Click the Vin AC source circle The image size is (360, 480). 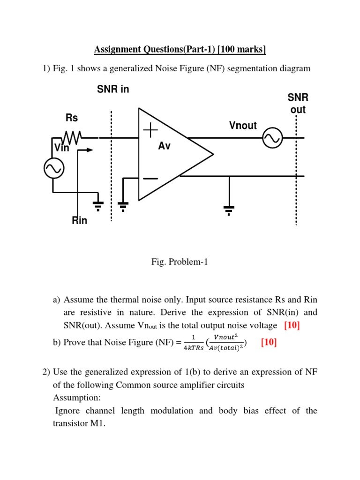click(53, 170)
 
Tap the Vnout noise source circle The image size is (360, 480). click(272, 138)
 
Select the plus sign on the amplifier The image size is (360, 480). click(150, 131)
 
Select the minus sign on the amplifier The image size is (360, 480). click(150, 179)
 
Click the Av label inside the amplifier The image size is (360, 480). click(164, 146)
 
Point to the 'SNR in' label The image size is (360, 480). click(113, 89)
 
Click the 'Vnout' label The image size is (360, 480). click(243, 125)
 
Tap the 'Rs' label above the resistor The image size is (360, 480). click(72, 118)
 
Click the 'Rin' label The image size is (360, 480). click(79, 220)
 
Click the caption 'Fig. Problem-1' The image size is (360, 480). click(179, 262)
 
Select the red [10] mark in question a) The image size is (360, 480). click(292, 325)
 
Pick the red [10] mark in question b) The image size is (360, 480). click(269, 343)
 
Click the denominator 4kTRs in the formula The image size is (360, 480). click(194, 348)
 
